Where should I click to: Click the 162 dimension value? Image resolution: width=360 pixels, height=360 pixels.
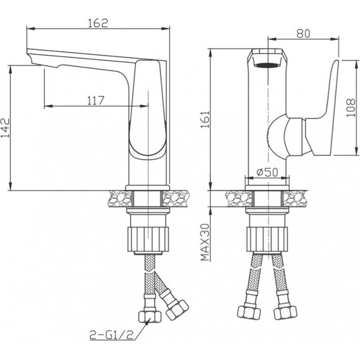(98, 23)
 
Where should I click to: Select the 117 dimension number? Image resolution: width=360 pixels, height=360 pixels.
(96, 100)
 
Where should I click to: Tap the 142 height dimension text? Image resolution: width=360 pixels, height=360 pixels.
(6, 128)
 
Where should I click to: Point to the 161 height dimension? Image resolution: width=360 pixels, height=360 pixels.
(205, 119)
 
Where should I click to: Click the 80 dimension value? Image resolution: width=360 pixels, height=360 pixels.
(303, 33)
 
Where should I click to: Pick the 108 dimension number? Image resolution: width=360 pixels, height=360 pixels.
(351, 107)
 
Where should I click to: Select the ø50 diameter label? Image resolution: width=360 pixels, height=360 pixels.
(267, 172)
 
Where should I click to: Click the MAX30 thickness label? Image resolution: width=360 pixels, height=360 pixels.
(205, 243)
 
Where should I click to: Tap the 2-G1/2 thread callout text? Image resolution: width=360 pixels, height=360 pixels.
(111, 335)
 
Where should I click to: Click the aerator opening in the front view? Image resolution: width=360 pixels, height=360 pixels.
(267, 65)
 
